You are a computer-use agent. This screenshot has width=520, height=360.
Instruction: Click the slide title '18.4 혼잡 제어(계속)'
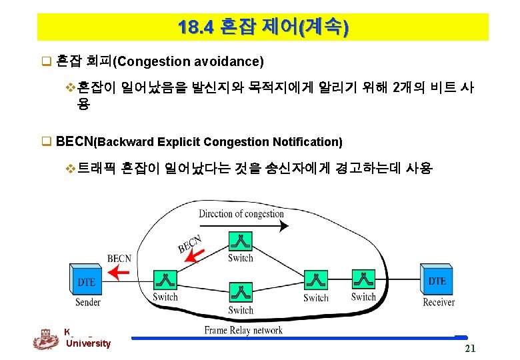263,27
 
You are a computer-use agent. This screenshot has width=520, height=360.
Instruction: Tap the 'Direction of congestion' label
241,213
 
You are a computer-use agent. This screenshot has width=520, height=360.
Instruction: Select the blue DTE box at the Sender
86,281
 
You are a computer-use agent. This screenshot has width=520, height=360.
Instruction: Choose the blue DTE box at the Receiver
437,280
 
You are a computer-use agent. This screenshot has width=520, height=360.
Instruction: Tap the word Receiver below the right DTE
439,302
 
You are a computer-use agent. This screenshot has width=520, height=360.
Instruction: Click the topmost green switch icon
239,242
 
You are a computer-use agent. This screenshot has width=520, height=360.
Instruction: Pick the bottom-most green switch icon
240,293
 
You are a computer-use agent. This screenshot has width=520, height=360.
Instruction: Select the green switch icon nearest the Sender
165,280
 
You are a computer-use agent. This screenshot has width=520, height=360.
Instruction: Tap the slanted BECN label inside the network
190,243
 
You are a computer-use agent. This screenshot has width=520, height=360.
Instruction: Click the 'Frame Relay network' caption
243,330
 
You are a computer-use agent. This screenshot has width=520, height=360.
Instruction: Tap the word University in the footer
88,343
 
